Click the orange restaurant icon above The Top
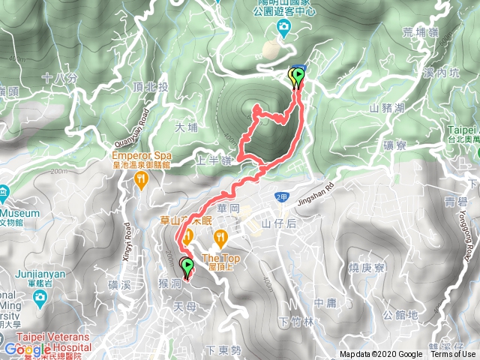tap(220, 238)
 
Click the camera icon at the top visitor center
tap(283, 28)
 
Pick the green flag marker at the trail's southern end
tap(185, 265)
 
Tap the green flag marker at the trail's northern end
tap(298, 75)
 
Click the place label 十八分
tap(59, 78)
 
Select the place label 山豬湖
tap(387, 109)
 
